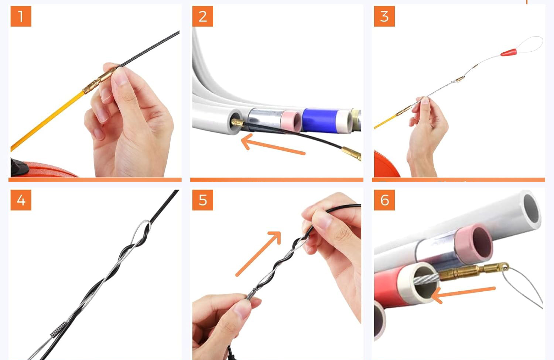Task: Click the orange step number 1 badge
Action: click(21, 16)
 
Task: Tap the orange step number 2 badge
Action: click(202, 16)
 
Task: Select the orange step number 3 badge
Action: click(384, 16)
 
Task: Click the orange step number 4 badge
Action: click(21, 200)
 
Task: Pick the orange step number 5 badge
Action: click(202, 200)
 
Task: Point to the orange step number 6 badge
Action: click(384, 200)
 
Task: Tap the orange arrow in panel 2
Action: click(272, 145)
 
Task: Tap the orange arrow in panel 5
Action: click(259, 253)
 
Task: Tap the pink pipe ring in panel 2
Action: click(291, 121)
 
